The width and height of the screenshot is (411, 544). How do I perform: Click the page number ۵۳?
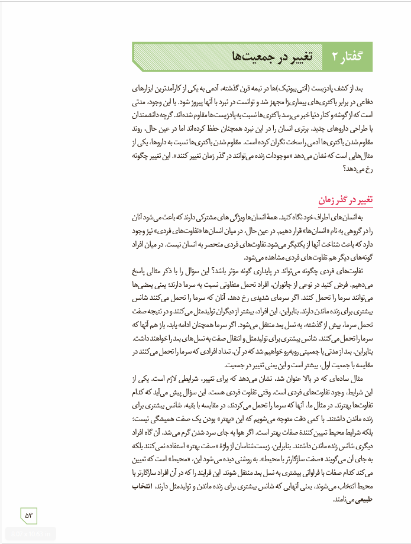(x=30, y=516)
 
